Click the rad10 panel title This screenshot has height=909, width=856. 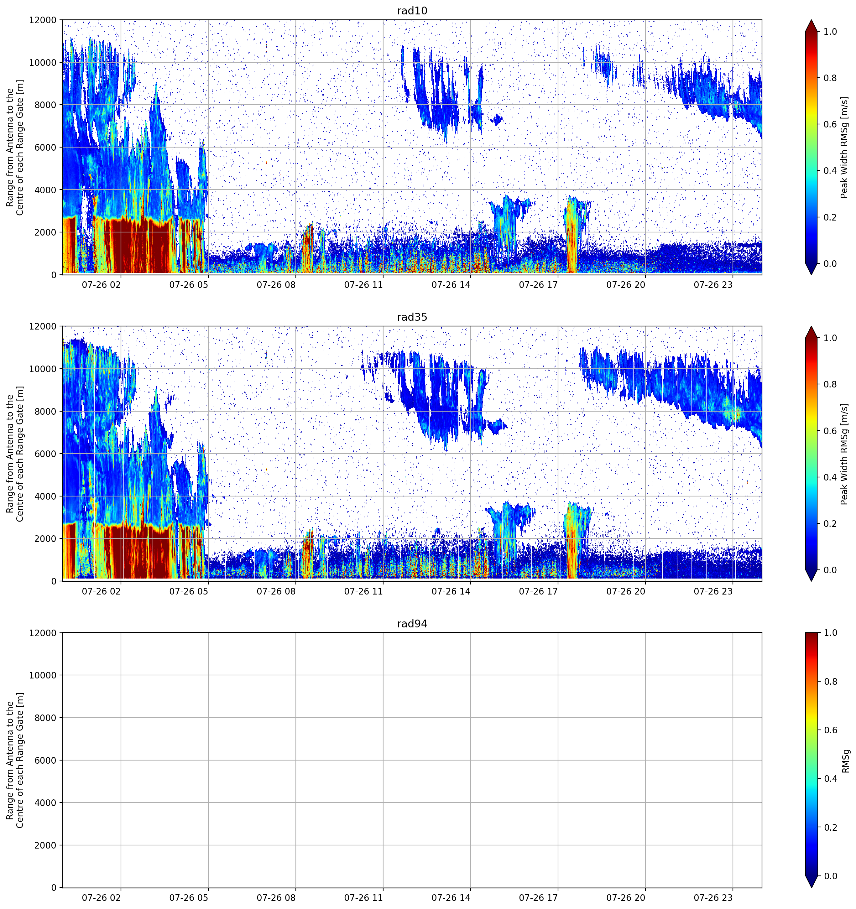coord(412,11)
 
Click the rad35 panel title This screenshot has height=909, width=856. coord(412,317)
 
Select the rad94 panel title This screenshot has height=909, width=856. coord(412,624)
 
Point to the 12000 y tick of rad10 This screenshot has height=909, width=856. coord(43,20)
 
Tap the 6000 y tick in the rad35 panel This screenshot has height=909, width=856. coord(46,454)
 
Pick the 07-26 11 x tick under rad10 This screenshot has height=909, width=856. coord(363,285)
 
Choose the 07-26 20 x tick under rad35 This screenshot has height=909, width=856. coord(625,591)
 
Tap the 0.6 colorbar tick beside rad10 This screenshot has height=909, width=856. coord(830,124)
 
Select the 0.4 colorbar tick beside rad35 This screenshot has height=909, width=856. coord(830,477)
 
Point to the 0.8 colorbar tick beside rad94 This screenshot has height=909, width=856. coord(830,682)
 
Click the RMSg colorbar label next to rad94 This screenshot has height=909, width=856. coord(845,761)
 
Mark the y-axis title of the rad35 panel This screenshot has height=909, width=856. coord(15,454)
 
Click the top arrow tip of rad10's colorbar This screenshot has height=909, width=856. coord(811,20)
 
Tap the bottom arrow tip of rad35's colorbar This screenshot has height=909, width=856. coord(811,581)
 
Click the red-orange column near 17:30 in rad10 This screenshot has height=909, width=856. coord(572,238)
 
